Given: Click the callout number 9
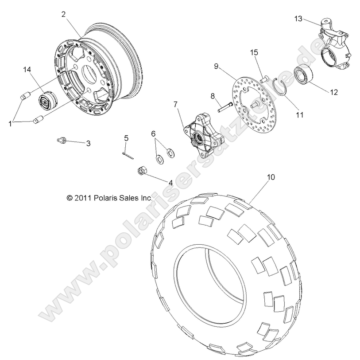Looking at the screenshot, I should point(217,66).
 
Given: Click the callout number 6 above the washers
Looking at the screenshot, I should point(153,133).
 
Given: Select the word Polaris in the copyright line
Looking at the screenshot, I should point(106,199).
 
